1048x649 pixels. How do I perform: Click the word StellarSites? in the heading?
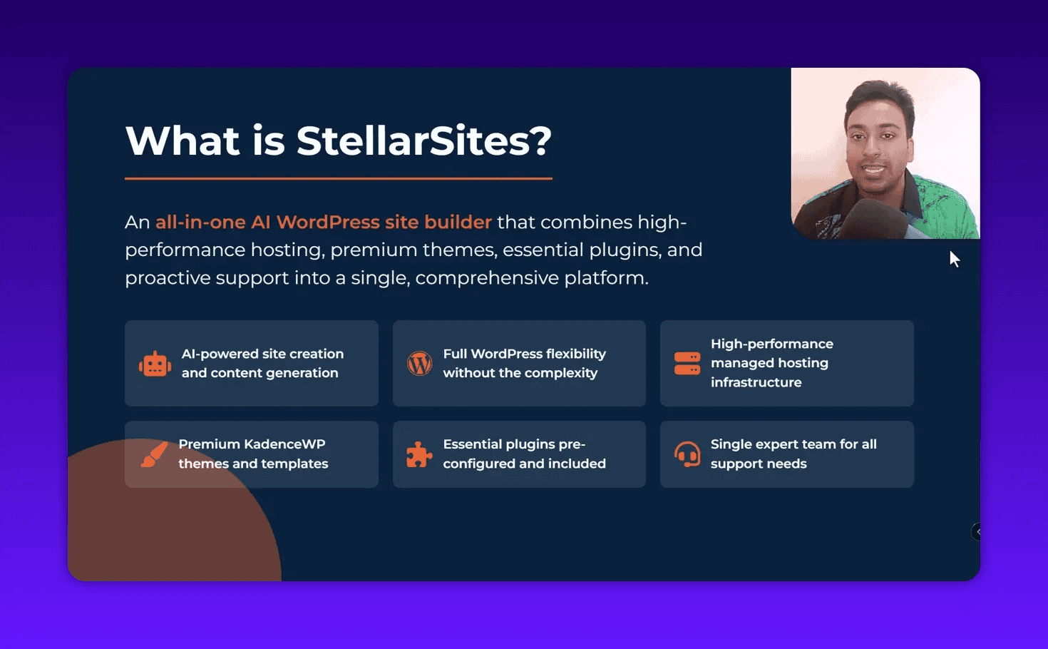(423, 140)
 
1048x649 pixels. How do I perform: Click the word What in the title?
(183, 140)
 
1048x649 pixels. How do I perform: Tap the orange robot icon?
(155, 364)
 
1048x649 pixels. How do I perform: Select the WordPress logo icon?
(419, 364)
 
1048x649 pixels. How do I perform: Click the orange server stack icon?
(687, 363)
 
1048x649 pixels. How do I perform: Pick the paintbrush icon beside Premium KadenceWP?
(154, 454)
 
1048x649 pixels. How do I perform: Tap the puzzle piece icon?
(419, 454)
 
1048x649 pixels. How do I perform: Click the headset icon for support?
(687, 454)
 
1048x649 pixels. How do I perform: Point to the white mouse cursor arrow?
(954, 259)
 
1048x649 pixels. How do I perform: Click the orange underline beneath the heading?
(338, 178)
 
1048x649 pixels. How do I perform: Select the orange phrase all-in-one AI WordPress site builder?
(324, 222)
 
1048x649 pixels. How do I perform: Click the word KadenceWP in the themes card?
(284, 444)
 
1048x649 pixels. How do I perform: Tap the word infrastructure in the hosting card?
(756, 382)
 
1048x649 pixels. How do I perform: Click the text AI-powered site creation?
(262, 354)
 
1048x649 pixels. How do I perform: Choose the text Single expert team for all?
(793, 444)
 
